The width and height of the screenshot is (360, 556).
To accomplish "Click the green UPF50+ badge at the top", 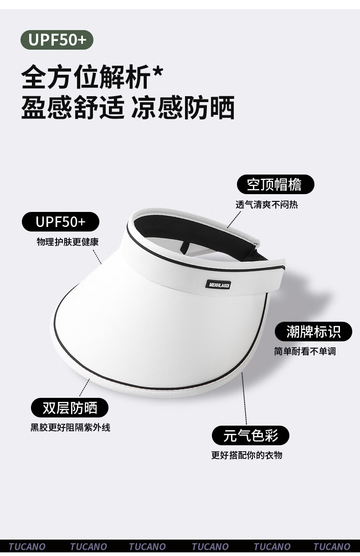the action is coord(57,40).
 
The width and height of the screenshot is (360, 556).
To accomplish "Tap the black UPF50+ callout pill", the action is coord(61,221).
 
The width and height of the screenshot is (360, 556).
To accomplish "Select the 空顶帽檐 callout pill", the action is coord(276,184).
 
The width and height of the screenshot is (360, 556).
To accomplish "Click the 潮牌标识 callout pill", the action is coord(314,331).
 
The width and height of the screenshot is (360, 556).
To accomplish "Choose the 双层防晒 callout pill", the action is coord(70,407).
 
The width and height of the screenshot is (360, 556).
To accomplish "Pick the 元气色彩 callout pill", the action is coord(251,435).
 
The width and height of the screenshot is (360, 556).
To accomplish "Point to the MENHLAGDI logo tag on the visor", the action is coord(218,285).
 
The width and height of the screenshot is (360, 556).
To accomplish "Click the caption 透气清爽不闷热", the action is coord(267,205).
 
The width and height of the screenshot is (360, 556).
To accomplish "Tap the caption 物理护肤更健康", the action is coord(67,242).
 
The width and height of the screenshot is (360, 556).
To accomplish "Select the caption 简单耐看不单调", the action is coord(305,351).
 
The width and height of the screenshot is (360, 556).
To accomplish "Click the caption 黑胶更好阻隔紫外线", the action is coord(70,427).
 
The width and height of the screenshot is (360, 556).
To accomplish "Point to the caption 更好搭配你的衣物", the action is coord(247,455).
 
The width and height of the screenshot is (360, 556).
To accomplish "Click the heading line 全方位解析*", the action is coord(92,77).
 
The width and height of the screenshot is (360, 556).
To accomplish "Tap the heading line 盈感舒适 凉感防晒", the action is coord(128,108).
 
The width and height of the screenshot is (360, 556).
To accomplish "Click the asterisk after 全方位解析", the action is coord(157,72).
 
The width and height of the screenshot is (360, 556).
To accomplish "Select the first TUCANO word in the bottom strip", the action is coord(27,547).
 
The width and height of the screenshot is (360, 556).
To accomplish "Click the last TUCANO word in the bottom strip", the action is coord(332,547).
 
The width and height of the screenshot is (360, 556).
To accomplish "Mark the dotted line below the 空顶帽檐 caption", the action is coord(234,219).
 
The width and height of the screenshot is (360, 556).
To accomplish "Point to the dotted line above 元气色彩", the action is coord(244,398).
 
